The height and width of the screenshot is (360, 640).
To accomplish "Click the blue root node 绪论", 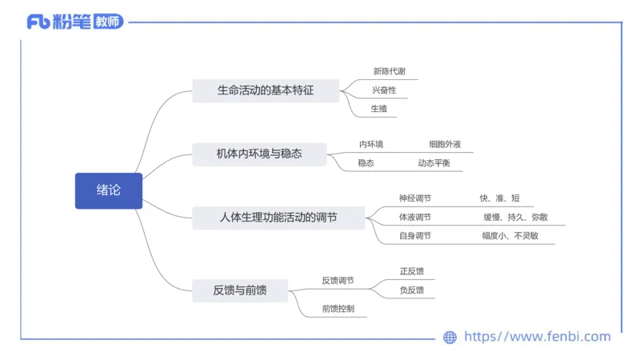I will coord(109,190).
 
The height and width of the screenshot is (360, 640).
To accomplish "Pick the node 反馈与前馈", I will coord(239,290).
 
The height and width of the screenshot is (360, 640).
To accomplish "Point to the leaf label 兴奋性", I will coord(384,90).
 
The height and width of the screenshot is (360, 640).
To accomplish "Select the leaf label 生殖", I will coord(378,108).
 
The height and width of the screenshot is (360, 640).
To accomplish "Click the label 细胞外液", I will coord(445,145).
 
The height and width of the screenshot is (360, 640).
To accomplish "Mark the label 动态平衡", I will coord(434,163).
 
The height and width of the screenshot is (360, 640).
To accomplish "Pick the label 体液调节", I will coord(415,217).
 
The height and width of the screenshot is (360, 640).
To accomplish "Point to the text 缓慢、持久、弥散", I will coord(515,217).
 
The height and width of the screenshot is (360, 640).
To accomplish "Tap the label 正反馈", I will coord(412,271).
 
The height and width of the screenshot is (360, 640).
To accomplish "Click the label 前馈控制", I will coord(338,308).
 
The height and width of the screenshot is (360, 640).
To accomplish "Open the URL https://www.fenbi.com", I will coord(537,337).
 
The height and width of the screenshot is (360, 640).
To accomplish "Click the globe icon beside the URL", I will coord(450,338).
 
